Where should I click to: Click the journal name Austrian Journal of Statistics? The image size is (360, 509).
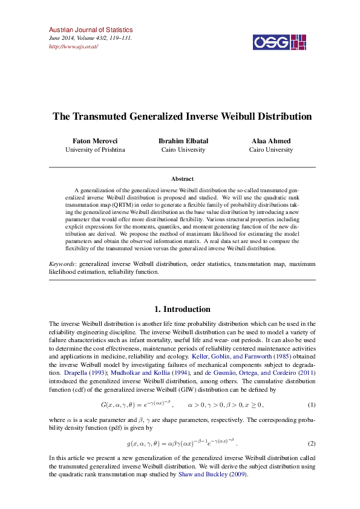pyautogui.click(x=90, y=30)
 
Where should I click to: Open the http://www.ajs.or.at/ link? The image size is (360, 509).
pyautogui.click(x=73, y=47)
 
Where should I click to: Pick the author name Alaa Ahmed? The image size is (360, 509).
pyautogui.click(x=271, y=141)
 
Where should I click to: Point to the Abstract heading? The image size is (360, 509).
pyautogui.click(x=182, y=179)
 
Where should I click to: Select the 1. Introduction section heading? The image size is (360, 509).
pyautogui.click(x=182, y=309)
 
